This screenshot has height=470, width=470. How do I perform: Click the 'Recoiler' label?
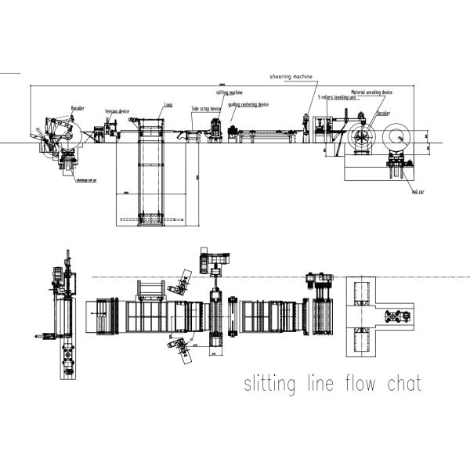tap(78, 107)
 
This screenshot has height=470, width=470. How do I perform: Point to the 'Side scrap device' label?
tap(205, 109)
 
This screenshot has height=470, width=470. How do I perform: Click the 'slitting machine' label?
tap(230, 92)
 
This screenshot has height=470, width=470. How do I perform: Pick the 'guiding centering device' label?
tap(248, 104)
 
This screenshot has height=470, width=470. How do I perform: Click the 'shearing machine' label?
tap(291, 78)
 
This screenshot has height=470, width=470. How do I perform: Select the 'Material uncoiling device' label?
tap(371, 92)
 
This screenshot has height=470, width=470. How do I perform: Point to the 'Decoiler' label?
tap(383, 113)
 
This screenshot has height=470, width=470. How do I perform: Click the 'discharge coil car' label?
tap(86, 179)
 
